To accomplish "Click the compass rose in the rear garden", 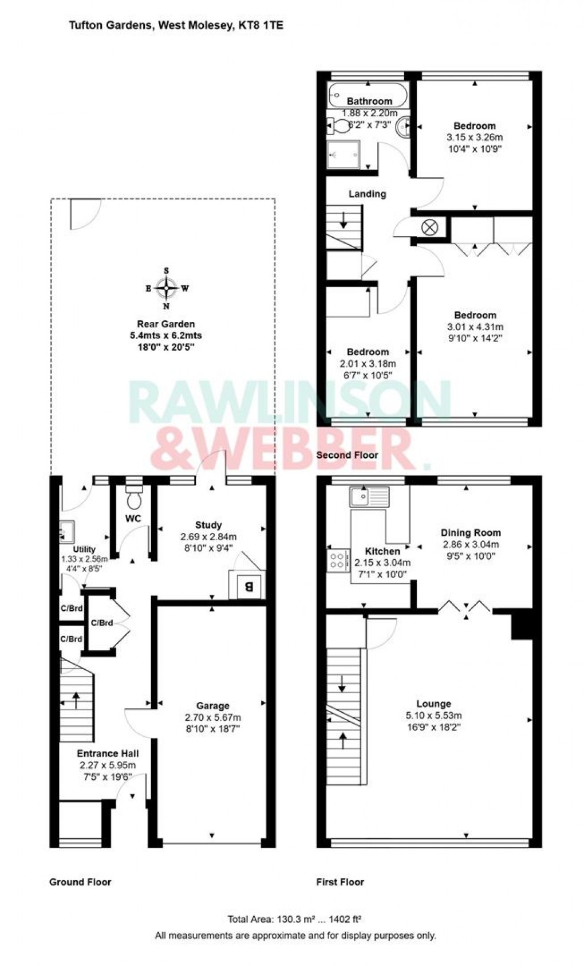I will (167, 288).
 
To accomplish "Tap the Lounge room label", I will (433, 704).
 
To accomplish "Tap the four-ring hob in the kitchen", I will (338, 560).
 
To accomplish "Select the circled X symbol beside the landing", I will (429, 227).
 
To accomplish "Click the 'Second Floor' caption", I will (347, 455).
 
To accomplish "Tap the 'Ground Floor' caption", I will (80, 882).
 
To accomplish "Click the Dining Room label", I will (471, 533).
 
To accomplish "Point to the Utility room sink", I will (67, 531).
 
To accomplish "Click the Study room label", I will (208, 525).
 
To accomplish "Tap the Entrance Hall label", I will (108, 753).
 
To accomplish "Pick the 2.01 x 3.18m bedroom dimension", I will (368, 363).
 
